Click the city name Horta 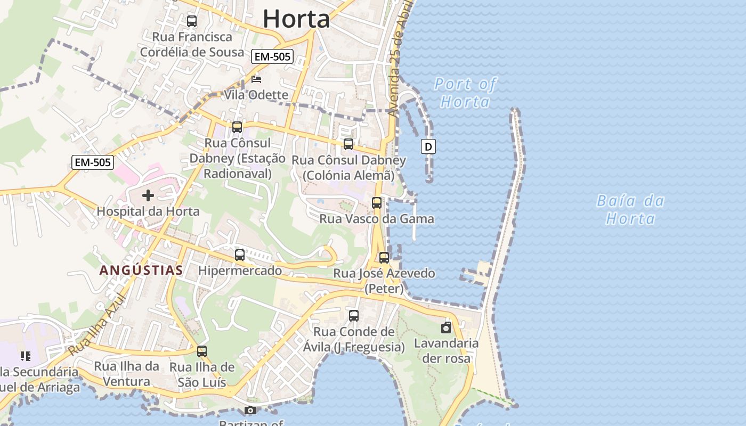296,19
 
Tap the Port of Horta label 465,93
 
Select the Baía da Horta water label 630,210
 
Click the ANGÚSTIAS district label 141,271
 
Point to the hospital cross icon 148,195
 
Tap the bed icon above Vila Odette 256,80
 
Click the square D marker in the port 428,146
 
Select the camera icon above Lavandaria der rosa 446,327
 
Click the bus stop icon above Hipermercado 240,255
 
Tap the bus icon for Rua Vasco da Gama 377,203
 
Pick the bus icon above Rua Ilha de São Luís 201,351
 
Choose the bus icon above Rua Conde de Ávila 354,316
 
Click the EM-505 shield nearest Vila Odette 272,56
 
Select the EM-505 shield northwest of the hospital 93,162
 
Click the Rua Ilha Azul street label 96,325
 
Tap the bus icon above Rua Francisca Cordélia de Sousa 192,21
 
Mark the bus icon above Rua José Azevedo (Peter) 384,258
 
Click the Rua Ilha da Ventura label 126,374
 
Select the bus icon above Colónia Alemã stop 348,144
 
